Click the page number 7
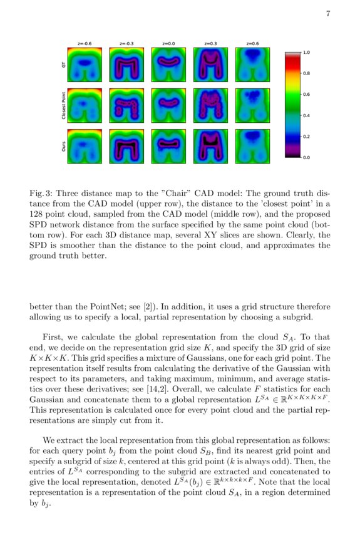point(328,15)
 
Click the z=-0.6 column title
point(84,44)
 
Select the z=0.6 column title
point(252,44)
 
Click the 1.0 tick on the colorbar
point(306,53)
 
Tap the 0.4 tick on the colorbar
point(306,116)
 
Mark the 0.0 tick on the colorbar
point(306,158)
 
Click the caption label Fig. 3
point(41,192)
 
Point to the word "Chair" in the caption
point(185,192)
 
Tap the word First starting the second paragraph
point(53,337)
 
